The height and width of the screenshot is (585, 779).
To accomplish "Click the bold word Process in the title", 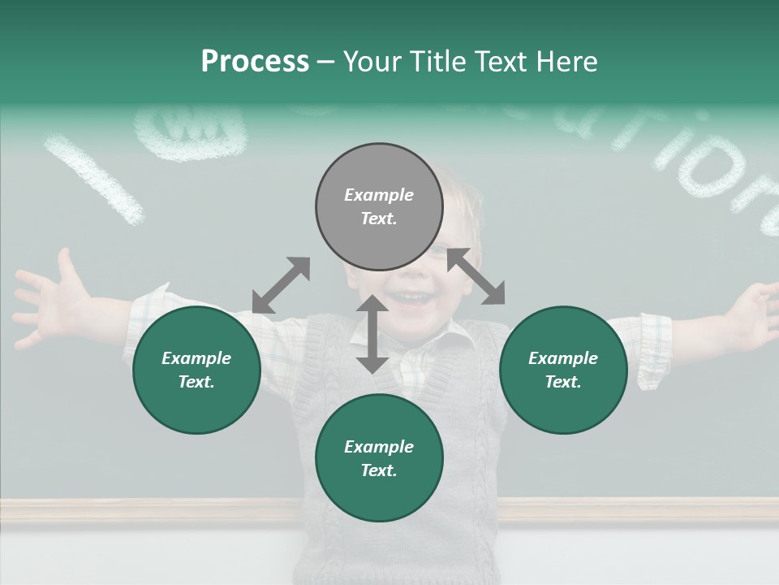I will pos(255,62).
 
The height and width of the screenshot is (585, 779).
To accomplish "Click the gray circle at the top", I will pos(379,206).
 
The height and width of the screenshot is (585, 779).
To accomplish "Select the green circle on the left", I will pos(196,370).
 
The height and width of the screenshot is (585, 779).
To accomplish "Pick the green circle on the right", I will pos(563,370).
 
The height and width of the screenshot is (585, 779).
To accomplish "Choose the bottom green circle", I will pos(379,458).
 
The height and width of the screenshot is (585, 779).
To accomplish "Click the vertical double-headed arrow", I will pos(372,334).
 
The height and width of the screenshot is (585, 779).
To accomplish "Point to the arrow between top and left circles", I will pos(281,284).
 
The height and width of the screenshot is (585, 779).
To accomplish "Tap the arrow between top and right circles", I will pos(476,276).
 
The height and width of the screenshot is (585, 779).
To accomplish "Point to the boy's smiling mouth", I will pos(414,299).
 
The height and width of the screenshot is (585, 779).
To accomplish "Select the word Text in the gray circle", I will pos(379,219).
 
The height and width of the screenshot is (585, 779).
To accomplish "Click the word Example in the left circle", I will pos(196,358).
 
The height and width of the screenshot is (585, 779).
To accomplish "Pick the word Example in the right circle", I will pos(563,358).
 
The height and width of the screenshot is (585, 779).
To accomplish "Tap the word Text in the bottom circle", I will pos(379,470).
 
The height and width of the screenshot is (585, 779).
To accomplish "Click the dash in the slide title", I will pos(325,62).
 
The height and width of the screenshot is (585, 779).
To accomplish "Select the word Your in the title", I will pos(372,62).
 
